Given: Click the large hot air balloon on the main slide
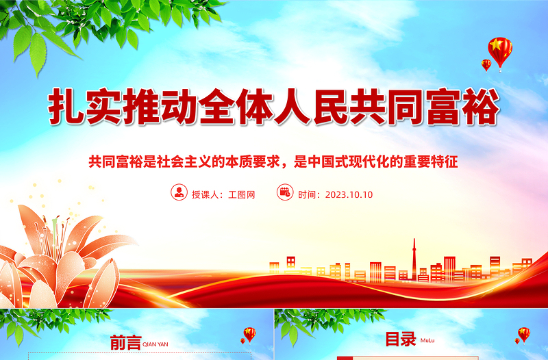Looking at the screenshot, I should (x=499, y=49).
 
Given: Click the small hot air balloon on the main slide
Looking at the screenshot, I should (x=486, y=64).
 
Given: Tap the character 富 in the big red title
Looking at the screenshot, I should (x=440, y=107).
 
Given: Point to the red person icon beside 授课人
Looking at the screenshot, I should (x=179, y=192).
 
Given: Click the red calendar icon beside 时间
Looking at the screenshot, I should (x=284, y=192).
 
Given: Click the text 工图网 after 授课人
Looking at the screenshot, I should (x=241, y=194).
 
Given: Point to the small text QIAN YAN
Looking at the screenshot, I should (x=154, y=344).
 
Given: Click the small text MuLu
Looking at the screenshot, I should (x=427, y=340).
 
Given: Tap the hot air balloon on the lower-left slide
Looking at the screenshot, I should (x=249, y=334).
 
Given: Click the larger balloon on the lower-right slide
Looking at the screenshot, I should (x=523, y=333).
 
